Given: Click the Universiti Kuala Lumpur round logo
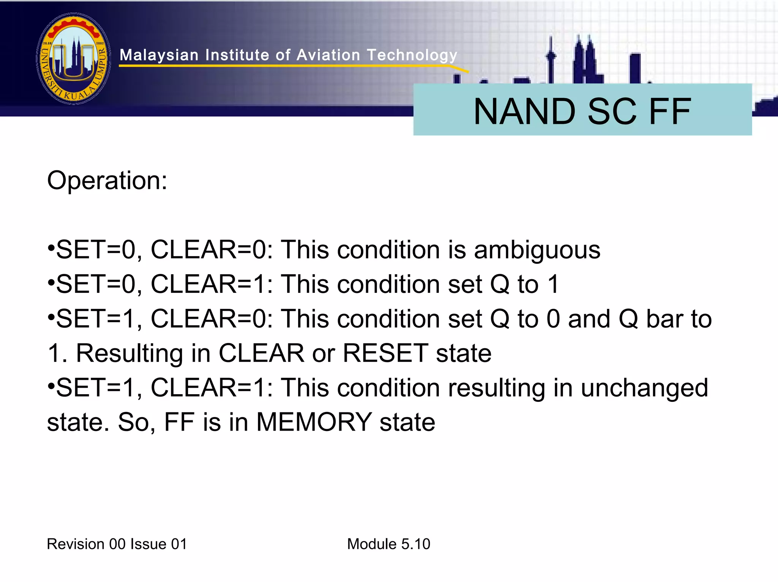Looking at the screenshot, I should click(74, 59).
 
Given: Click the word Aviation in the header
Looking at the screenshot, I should click(328, 55).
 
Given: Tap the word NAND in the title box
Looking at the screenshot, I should click(524, 112).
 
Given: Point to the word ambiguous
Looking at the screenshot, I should click(537, 250).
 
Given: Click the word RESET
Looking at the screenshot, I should click(385, 353).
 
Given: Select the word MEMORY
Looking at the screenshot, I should click(314, 422).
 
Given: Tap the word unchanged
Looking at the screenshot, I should click(644, 388).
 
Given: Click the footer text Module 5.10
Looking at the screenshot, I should click(389, 544).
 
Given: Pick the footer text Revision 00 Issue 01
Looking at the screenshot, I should click(117, 544).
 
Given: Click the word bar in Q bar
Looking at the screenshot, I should click(664, 319).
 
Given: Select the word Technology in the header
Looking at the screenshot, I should click(412, 55).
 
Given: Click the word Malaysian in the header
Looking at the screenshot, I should click(159, 55).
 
